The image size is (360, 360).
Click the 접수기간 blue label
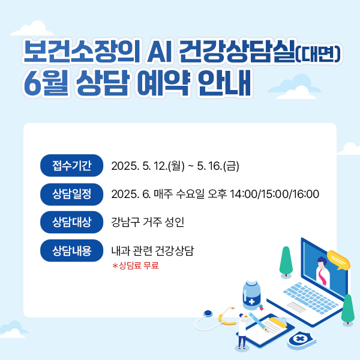[x=71, y=166]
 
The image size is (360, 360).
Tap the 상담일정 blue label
[x=71, y=194]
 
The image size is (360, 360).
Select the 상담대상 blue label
[x=71, y=222]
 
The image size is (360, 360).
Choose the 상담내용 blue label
[x=71, y=250]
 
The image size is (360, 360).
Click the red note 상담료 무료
[x=136, y=266]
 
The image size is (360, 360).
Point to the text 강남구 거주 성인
[x=148, y=222]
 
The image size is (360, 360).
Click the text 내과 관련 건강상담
[x=152, y=250]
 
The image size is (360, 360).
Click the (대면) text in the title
[x=318, y=54]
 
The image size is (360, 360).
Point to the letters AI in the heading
[x=160, y=52]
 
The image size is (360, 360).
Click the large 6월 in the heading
[x=46, y=83]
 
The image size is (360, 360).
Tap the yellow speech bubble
[x=338, y=260]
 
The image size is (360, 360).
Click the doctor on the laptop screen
[x=322, y=271]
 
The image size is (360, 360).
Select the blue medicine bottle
[x=251, y=295]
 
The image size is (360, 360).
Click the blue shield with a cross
[x=301, y=340]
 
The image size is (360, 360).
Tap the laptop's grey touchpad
[x=296, y=307]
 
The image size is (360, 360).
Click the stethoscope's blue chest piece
[x=208, y=314]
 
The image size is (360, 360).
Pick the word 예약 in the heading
[x=164, y=83]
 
